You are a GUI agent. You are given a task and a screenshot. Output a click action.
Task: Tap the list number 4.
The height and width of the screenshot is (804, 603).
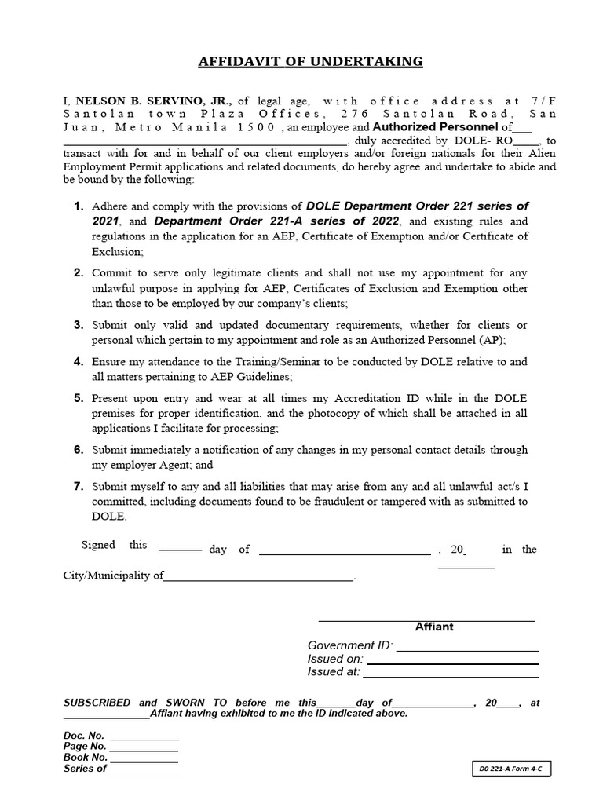[79, 362]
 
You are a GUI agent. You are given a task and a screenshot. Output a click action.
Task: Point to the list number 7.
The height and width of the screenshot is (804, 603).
[79, 487]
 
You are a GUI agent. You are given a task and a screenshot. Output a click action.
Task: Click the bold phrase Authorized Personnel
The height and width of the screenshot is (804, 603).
[434, 126]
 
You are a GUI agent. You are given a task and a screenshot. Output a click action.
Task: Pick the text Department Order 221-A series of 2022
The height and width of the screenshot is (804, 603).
[277, 221]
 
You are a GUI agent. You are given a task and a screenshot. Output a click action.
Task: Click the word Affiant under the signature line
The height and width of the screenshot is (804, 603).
[434, 627]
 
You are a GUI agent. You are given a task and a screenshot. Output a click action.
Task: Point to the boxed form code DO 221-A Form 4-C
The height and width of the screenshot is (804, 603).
[512, 769]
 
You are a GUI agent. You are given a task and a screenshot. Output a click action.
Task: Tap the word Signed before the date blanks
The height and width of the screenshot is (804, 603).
[98, 546]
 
